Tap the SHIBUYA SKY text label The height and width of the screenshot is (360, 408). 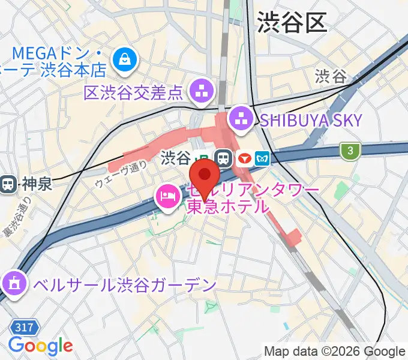tap(311, 121)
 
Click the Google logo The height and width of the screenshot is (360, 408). tap(40, 346)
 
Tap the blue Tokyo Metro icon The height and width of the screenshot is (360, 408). tap(262, 158)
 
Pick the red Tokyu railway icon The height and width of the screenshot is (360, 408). tap(244, 158)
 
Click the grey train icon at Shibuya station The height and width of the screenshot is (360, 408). tap(224, 158)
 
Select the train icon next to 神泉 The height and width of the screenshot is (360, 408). tap(8, 183)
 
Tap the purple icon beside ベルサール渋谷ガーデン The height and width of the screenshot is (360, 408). tap(13, 282)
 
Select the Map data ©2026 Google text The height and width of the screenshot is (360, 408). tap(334, 351)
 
